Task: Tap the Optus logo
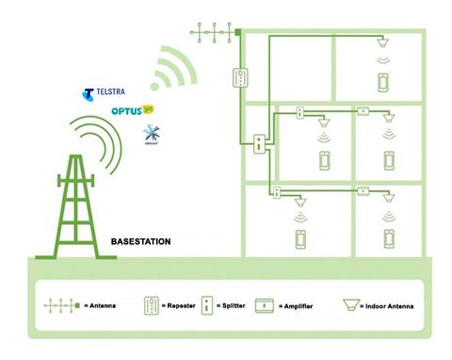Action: point(131,111)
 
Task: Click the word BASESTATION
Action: point(141,242)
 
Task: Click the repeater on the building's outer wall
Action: point(242,77)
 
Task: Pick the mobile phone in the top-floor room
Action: point(383,82)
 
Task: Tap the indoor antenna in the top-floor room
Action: point(383,43)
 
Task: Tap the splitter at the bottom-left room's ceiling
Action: point(276,192)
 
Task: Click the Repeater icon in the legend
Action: point(150,307)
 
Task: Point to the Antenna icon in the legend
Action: point(59,307)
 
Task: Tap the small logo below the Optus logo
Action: point(149,135)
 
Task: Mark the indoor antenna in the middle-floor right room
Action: point(387,122)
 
